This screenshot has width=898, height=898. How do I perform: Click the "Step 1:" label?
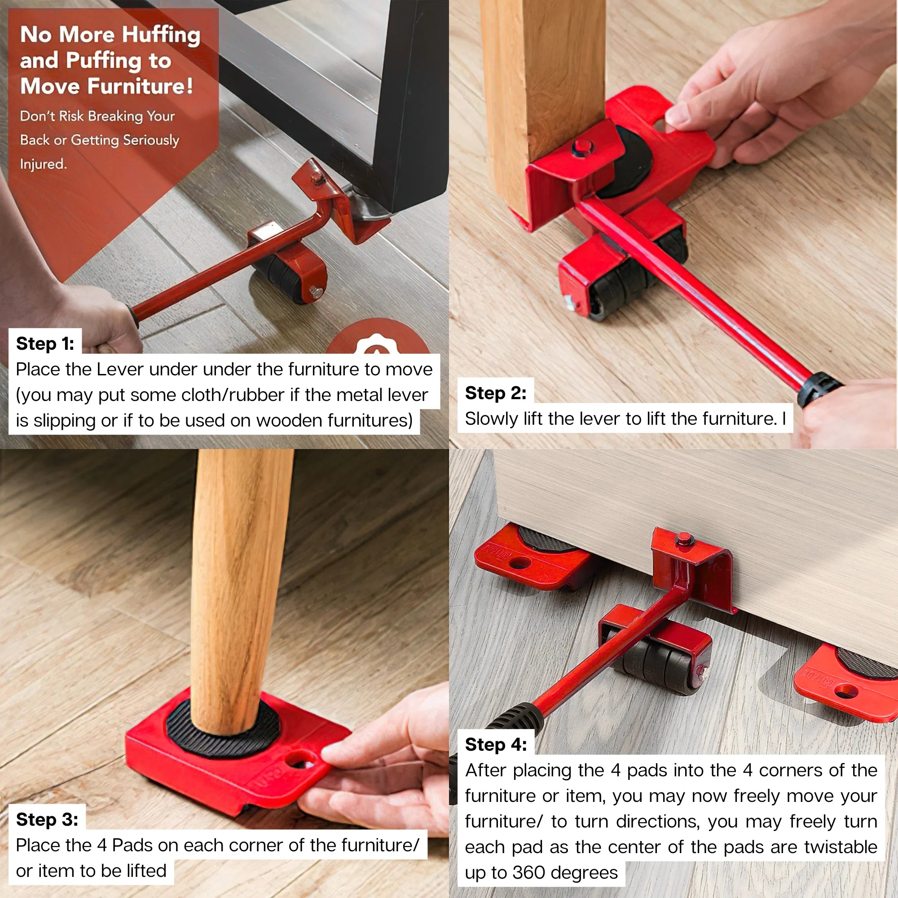click(45, 343)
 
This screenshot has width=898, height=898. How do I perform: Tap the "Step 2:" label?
click(496, 393)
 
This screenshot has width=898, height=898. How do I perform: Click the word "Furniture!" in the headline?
click(141, 87)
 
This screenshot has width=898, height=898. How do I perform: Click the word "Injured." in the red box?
click(43, 163)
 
